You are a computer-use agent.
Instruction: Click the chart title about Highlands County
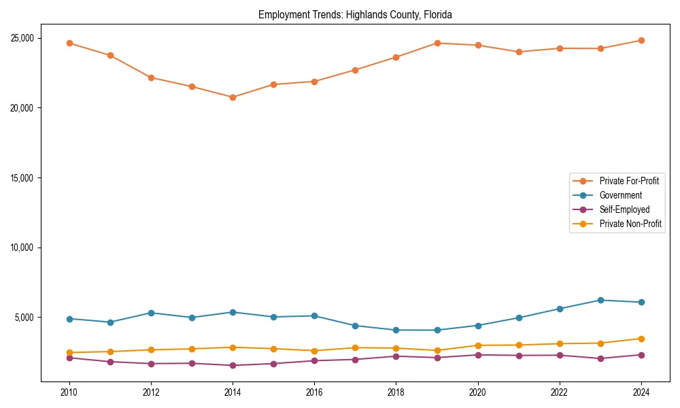355,15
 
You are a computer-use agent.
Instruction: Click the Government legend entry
620,195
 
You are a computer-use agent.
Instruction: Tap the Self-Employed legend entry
624,209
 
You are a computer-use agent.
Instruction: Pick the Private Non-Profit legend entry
630,224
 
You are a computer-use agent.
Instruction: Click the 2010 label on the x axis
69,392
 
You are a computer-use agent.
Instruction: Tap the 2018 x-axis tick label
396,392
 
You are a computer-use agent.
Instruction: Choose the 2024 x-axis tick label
641,392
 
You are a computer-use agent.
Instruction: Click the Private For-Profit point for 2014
233,97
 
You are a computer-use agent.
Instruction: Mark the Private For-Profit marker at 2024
641,40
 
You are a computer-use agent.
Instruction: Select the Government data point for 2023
600,300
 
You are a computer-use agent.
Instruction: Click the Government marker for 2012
151,313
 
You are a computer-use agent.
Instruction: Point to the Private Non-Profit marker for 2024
641,339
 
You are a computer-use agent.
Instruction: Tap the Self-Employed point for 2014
233,366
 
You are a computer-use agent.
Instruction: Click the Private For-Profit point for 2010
69,43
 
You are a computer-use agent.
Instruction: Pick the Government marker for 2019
437,330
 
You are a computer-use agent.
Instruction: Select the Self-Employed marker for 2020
478,355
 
